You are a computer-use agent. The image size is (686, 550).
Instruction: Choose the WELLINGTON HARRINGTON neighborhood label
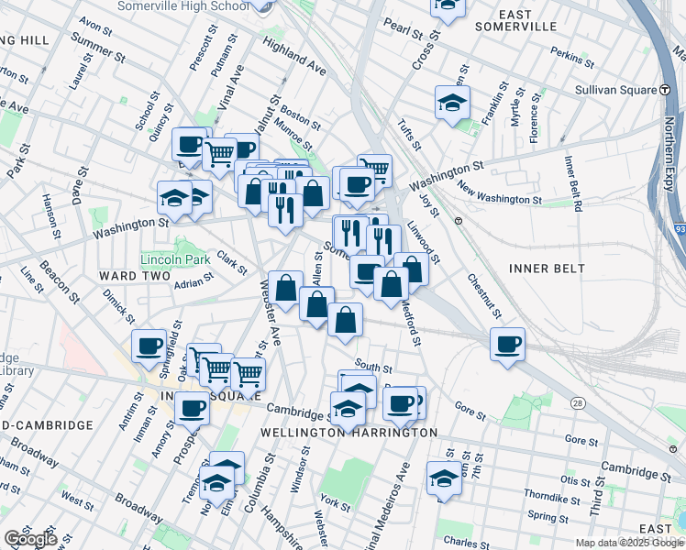[x=336, y=432]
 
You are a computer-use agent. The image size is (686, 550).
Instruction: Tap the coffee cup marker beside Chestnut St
[x=506, y=345]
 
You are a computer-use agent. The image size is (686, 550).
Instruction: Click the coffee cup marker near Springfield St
[x=149, y=346]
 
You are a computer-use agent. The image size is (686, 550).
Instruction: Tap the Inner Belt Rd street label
[x=573, y=183]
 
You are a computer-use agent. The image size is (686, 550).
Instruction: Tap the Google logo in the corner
[x=30, y=539]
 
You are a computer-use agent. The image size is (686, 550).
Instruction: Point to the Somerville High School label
[x=184, y=6]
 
